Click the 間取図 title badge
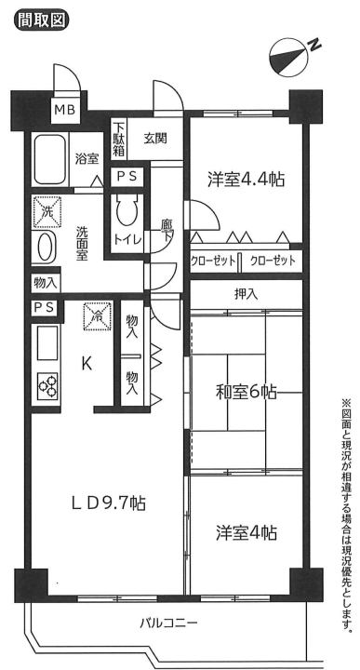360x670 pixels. click(x=42, y=20)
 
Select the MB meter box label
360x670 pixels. click(x=65, y=110)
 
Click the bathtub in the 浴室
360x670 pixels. click(x=50, y=159)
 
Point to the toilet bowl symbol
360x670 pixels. click(x=127, y=211)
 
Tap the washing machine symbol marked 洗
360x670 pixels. click(x=47, y=212)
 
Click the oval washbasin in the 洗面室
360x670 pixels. click(x=45, y=248)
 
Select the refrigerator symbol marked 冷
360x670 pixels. click(x=98, y=316)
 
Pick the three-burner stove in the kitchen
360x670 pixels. click(x=47, y=386)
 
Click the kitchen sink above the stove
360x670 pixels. click(x=47, y=342)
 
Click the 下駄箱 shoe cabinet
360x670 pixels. click(x=119, y=139)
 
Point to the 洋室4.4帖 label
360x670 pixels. click(x=246, y=179)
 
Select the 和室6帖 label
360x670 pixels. click(x=246, y=392)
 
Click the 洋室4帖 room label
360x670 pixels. click(x=246, y=533)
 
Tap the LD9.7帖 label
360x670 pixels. click(x=109, y=502)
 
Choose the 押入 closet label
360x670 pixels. click(x=246, y=293)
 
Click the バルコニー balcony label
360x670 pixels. click(x=168, y=623)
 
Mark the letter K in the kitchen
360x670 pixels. click(x=87, y=363)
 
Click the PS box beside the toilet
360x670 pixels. click(x=127, y=177)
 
